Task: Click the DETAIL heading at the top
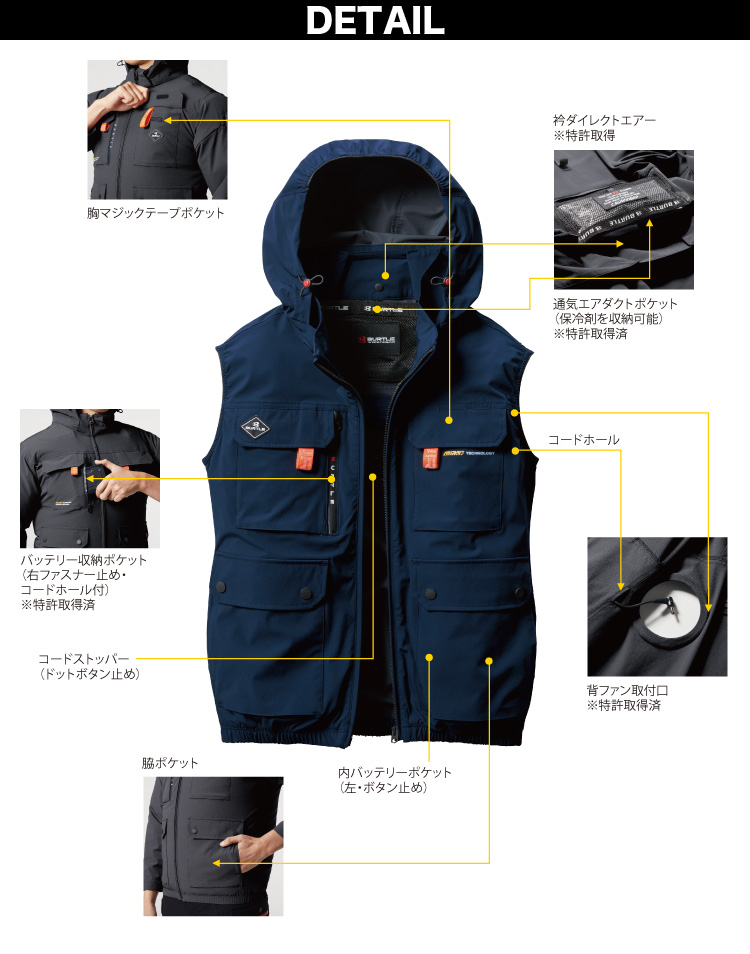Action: [x=375, y=20]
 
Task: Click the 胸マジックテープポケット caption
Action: [x=155, y=213]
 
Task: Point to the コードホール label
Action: [x=583, y=440]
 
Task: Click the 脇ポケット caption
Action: [x=170, y=763]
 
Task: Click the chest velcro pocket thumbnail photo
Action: [x=157, y=129]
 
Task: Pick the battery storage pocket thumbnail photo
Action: [x=90, y=477]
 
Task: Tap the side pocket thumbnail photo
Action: [x=212, y=846]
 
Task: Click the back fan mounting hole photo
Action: [x=657, y=606]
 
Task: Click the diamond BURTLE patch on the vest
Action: [x=254, y=428]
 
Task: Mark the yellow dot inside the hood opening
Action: [x=384, y=271]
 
